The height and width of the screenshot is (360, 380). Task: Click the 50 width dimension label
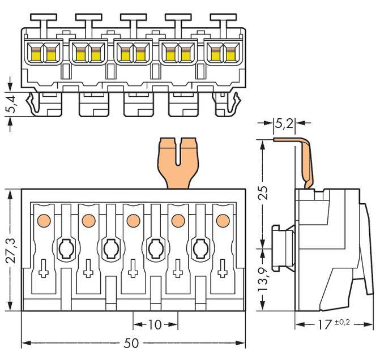(x=134, y=344)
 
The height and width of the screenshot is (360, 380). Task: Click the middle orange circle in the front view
(x=133, y=220)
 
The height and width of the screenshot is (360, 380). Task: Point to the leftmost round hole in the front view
(x=64, y=247)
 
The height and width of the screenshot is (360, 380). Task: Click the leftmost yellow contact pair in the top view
(x=44, y=55)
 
